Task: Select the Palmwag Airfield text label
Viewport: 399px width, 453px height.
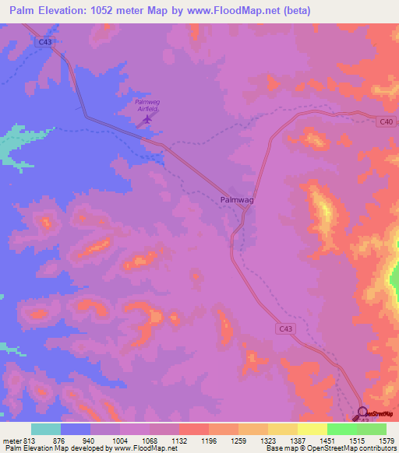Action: [147, 106]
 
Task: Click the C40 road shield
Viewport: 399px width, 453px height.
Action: [387, 121]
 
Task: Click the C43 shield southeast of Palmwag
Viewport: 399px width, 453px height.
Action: [286, 329]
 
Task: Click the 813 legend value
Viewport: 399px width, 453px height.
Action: [29, 440]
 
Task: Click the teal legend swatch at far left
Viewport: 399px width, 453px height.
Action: [46, 429]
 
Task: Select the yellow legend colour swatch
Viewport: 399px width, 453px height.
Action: [312, 429]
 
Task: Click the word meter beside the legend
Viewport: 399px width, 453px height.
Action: [10, 440]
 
